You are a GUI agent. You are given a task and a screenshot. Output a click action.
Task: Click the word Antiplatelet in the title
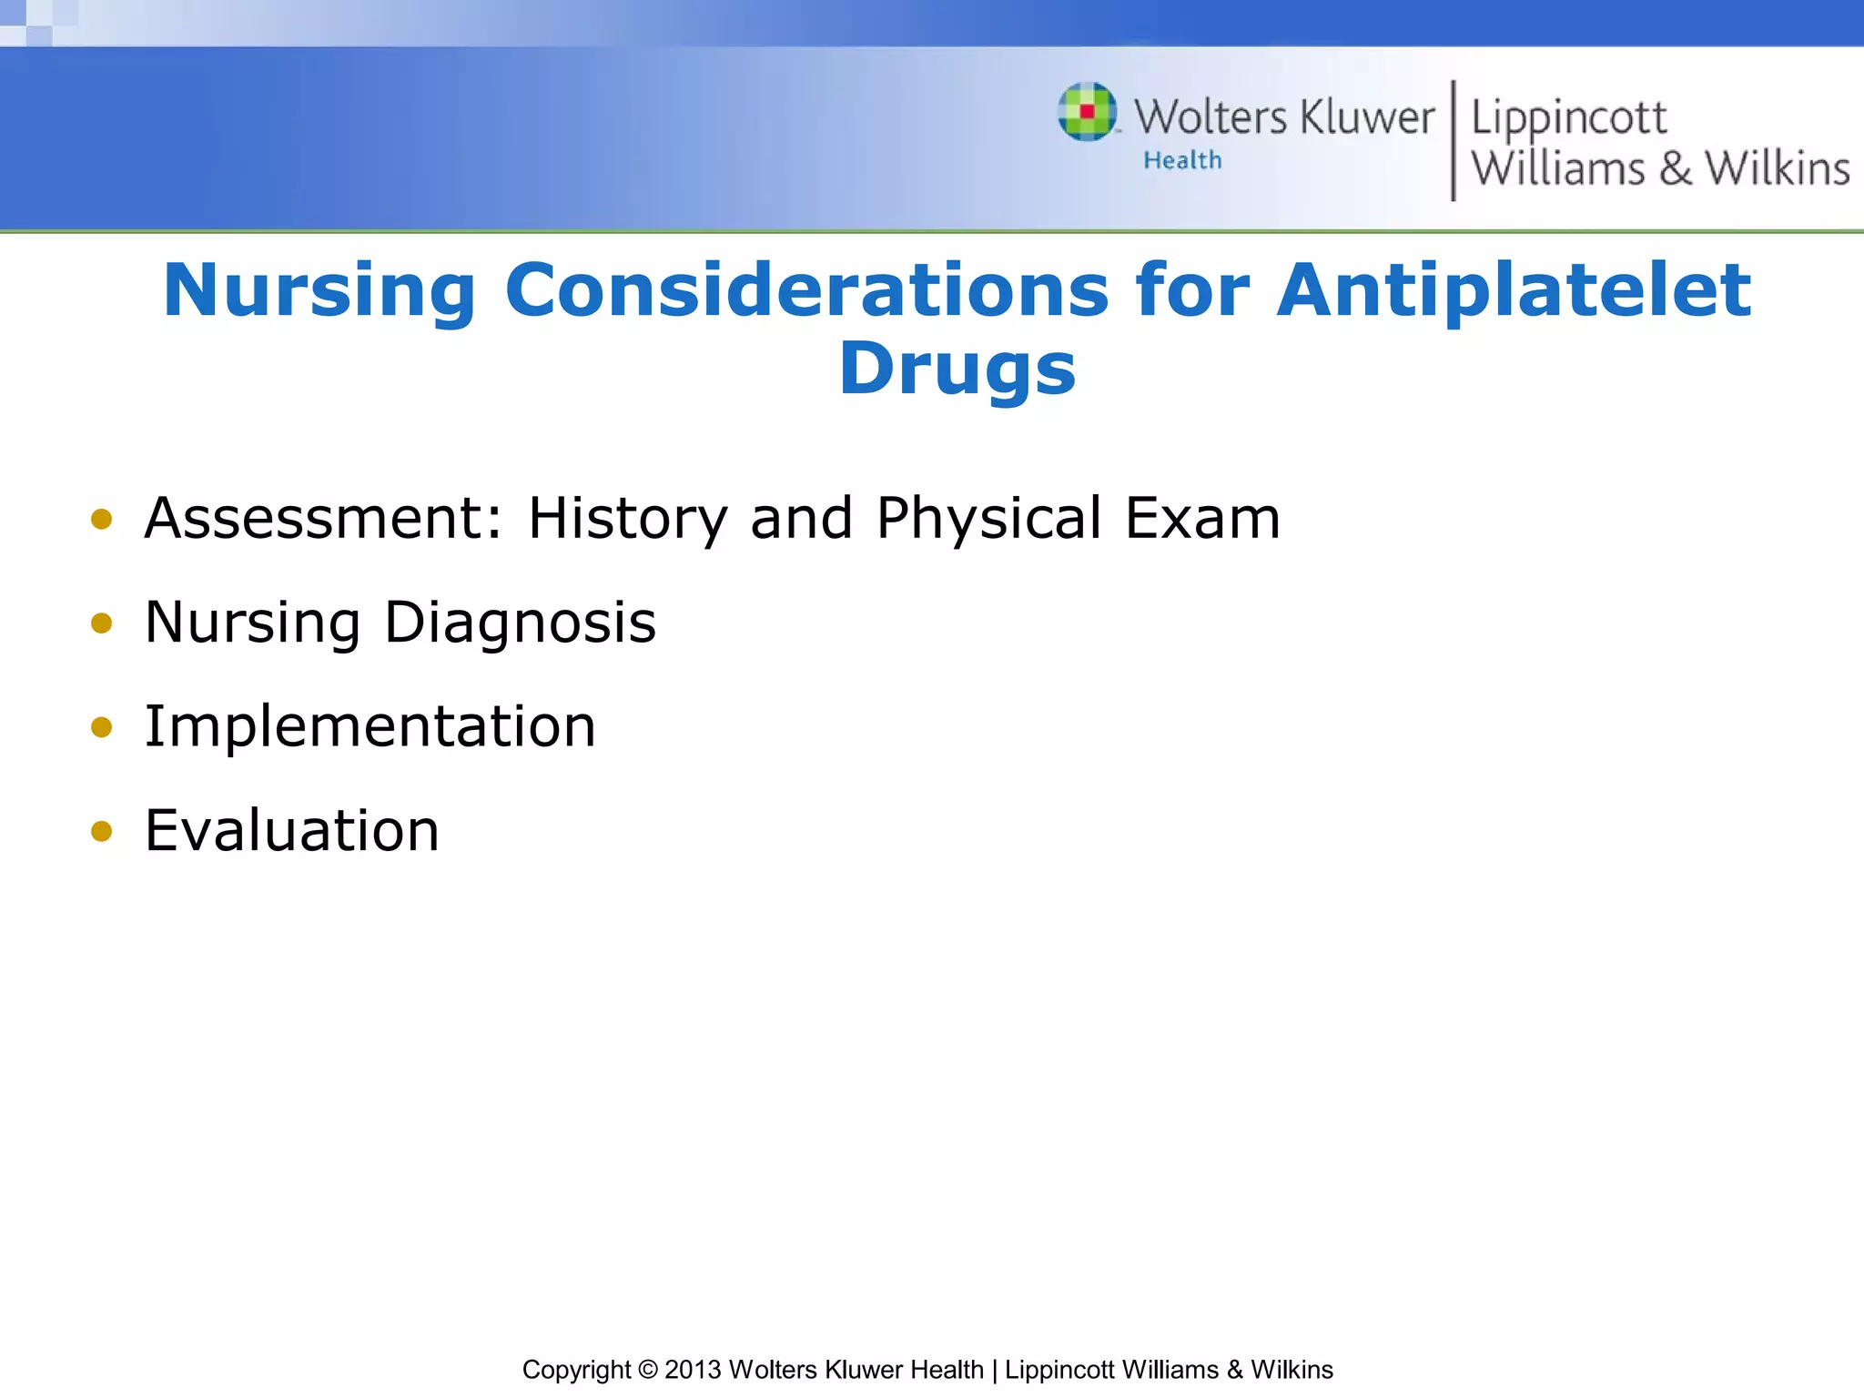[1513, 291]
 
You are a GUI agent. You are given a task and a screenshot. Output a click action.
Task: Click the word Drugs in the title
[957, 370]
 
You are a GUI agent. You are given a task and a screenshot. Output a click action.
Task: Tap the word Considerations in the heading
[806, 291]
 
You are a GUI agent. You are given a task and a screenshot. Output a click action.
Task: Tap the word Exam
[1202, 519]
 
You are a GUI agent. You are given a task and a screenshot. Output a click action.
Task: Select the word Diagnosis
[520, 624]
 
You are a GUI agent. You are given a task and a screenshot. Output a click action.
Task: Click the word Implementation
[370, 728]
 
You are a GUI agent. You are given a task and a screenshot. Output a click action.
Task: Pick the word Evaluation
[291, 831]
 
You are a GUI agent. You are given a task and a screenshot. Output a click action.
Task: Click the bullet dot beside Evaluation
[101, 831]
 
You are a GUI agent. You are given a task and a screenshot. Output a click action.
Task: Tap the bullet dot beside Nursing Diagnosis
[101, 623]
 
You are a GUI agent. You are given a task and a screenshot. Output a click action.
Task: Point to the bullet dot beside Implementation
[101, 727]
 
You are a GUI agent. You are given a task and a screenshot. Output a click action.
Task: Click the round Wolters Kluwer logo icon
[1088, 112]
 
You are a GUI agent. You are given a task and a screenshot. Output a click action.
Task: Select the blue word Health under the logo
[1182, 161]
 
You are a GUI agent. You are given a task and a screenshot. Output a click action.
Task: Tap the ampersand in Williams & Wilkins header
[1675, 169]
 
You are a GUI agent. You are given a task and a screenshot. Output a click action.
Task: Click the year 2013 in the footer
[693, 1370]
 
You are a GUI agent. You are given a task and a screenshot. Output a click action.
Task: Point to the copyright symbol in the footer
[647, 1370]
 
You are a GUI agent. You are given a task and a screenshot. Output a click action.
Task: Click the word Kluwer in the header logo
[1367, 118]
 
